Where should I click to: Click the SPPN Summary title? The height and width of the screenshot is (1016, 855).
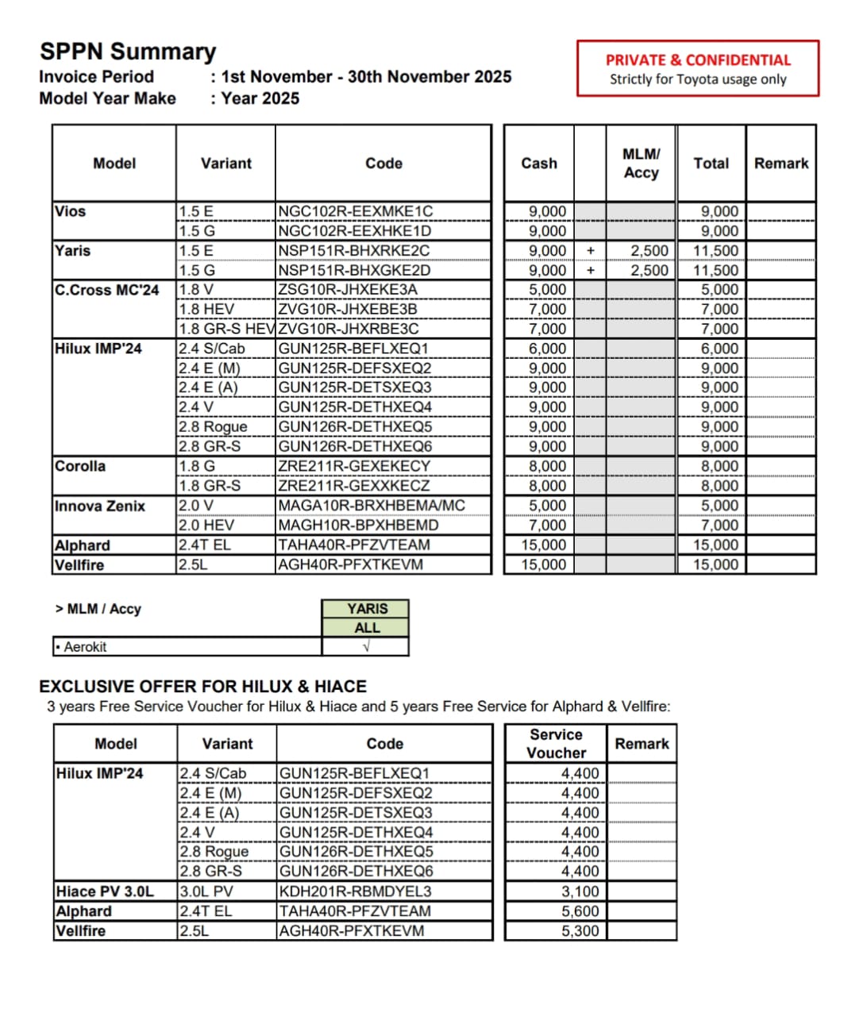coord(128,52)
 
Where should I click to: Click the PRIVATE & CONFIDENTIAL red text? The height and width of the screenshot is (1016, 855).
coord(698,60)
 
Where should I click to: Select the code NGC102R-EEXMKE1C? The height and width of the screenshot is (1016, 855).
coord(355,211)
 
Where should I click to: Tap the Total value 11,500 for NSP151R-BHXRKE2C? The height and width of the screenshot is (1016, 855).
coord(715,251)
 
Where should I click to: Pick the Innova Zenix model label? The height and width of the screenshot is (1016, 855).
coord(100,506)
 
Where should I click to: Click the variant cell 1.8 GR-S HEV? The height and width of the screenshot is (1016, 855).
coord(226,329)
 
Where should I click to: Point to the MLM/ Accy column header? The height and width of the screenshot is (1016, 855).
coord(641,163)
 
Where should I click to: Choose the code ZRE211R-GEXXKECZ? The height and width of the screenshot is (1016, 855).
coord(354,486)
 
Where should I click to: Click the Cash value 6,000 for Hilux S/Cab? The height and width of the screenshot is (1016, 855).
coord(548,348)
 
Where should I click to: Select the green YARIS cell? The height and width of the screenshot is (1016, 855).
coord(367,609)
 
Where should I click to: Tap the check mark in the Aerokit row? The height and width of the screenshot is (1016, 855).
coord(366,647)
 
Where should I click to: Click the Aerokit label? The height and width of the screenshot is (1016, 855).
coord(85,647)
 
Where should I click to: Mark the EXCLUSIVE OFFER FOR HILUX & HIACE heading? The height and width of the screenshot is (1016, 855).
coord(202,687)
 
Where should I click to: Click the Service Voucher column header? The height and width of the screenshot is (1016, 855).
coord(556,744)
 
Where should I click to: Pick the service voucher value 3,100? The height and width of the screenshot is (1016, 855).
coord(580,891)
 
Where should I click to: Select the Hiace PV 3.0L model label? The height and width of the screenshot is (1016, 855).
coord(105,891)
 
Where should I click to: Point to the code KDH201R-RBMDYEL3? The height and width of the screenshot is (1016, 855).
coord(356,891)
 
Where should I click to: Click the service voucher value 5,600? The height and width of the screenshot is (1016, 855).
coord(580,911)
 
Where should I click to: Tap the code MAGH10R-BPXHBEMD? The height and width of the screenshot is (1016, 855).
coord(358,525)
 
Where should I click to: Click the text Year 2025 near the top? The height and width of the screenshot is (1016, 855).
coord(260,98)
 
